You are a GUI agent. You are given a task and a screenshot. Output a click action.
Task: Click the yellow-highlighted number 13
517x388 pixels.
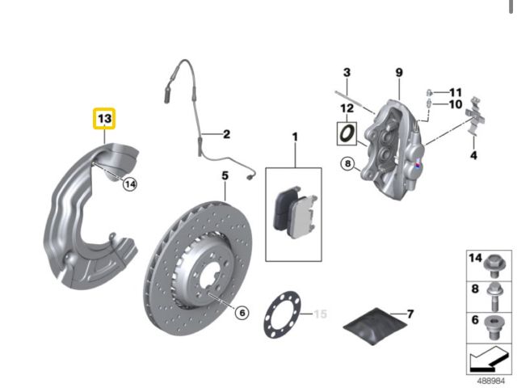click(x=104, y=119)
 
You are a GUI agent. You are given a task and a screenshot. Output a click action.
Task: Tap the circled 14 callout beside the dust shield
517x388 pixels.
click(x=130, y=184)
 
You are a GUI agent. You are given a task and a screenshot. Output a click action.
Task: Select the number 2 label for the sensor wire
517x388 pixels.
click(x=226, y=134)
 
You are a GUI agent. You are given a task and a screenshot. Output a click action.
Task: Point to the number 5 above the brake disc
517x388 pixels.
click(x=225, y=175)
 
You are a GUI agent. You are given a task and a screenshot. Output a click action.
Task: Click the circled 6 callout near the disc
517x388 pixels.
click(x=242, y=312)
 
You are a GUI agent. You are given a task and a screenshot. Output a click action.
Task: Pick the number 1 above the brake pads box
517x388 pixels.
click(x=295, y=137)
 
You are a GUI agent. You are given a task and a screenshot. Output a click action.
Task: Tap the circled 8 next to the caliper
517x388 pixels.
click(x=348, y=163)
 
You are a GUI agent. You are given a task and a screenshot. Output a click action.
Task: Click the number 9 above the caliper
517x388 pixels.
click(x=399, y=72)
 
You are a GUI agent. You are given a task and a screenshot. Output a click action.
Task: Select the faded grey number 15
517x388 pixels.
click(x=320, y=314)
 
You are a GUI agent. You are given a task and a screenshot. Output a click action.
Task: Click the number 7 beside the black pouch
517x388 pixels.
click(x=410, y=314)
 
